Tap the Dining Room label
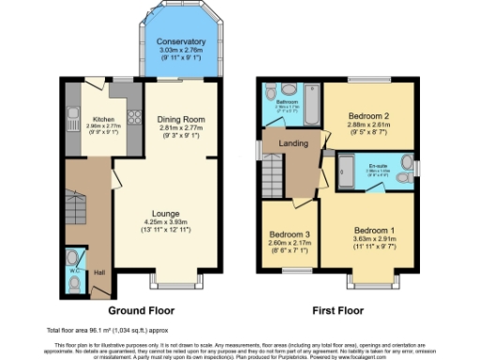pos(175,120)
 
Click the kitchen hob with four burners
pos(132,117)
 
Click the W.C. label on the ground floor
pos(73,273)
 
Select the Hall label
pos(98,273)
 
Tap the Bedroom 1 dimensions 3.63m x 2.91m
pos(374,238)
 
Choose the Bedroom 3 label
pos(289,234)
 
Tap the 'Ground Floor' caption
pos(142,309)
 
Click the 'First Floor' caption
pos(339,309)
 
